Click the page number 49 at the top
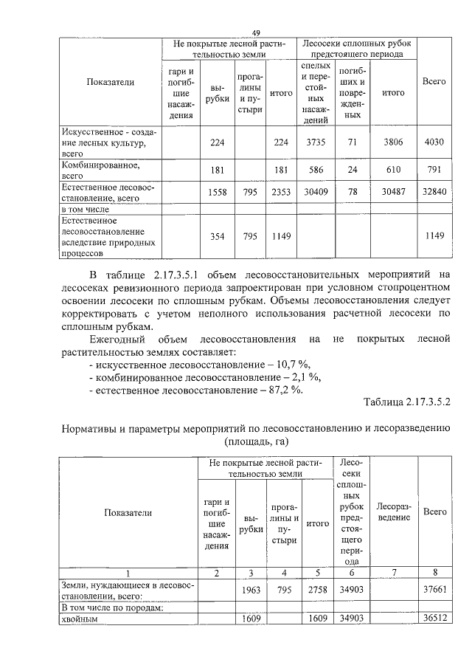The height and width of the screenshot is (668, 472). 257,32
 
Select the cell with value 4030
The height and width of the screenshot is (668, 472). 434,142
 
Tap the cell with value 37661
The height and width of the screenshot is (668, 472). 434,590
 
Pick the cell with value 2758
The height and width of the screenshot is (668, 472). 317,590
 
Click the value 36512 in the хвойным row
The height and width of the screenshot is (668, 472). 434,619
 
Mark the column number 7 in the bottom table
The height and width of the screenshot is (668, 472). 392,573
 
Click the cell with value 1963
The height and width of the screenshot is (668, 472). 252,590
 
